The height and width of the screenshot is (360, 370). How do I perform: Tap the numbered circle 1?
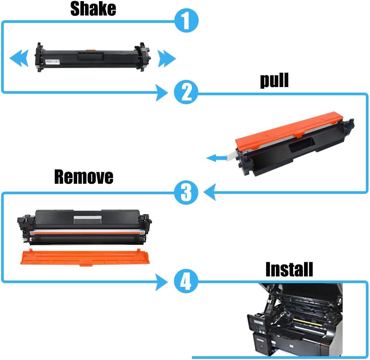click(186, 21)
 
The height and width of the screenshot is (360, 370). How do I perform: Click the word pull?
click(274, 81)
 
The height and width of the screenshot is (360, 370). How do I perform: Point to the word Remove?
click(83, 177)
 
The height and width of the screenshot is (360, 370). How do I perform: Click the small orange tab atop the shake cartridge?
click(90, 49)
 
